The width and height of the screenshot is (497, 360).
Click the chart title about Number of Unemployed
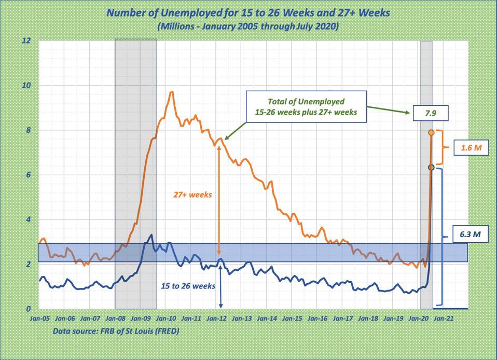247,12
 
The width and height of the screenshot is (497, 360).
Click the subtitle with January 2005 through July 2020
247,25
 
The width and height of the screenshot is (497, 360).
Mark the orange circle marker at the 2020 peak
431,133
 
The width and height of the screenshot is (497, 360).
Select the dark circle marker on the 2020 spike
431,168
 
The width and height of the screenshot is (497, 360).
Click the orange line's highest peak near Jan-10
171,92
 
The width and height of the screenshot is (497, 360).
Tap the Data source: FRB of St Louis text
115,330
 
